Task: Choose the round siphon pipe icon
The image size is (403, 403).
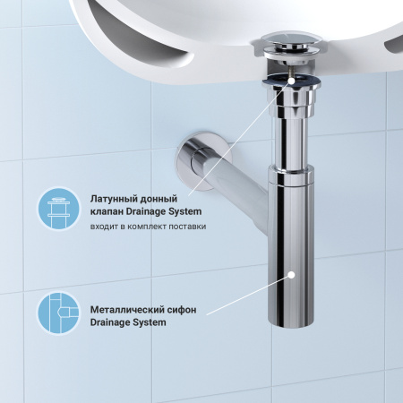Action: (x=58, y=315)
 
